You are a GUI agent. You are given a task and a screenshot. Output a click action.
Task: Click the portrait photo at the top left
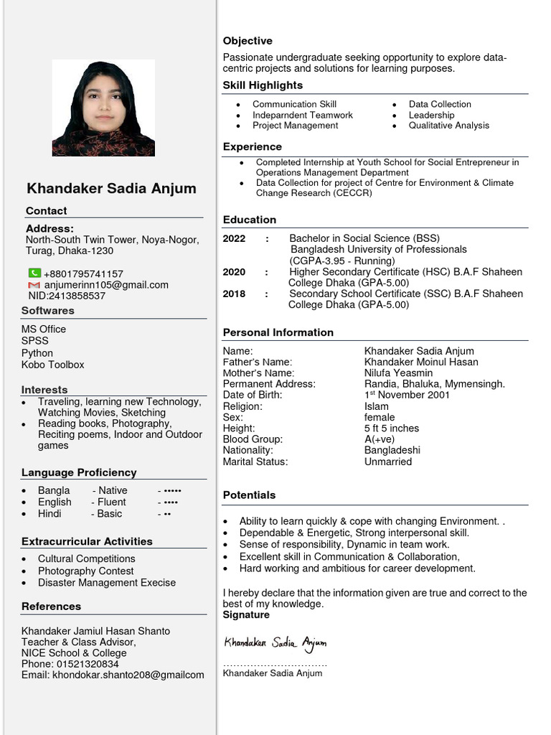(103, 108)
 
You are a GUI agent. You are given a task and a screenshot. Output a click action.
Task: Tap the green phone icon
(34, 273)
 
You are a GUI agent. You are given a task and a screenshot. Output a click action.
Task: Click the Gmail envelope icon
(34, 285)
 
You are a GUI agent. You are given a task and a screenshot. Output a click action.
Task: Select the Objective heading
(248, 41)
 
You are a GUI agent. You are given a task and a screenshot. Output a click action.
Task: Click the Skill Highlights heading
(263, 85)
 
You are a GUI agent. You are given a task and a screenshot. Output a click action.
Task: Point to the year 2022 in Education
(234, 238)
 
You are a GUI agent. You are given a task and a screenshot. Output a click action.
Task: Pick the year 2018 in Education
(234, 294)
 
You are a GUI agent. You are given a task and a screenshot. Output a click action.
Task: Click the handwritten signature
(275, 642)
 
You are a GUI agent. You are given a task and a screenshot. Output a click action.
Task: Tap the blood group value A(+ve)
(380, 439)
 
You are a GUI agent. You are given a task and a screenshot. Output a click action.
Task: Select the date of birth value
(407, 395)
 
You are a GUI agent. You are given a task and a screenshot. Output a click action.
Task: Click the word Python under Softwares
(37, 353)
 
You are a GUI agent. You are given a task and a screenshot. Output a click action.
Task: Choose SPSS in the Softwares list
(35, 341)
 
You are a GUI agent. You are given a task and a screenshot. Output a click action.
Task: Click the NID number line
(67, 296)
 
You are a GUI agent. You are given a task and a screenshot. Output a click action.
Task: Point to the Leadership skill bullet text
(431, 115)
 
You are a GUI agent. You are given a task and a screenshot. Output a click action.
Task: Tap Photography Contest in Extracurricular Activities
(86, 571)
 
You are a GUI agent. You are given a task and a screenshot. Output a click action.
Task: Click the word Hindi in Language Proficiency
(50, 514)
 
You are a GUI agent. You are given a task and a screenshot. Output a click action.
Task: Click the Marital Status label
(255, 462)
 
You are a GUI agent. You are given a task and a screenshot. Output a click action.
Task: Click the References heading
(51, 607)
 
